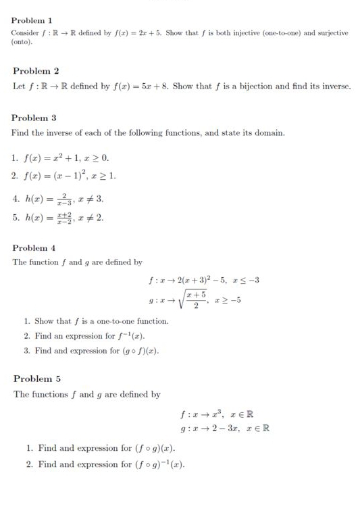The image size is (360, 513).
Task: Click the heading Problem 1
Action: (x=32, y=21)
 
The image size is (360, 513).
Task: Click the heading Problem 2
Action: (x=36, y=71)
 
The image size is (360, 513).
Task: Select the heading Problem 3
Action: (x=34, y=118)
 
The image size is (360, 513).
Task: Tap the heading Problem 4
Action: (x=34, y=248)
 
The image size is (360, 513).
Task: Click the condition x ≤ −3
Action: (x=242, y=280)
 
